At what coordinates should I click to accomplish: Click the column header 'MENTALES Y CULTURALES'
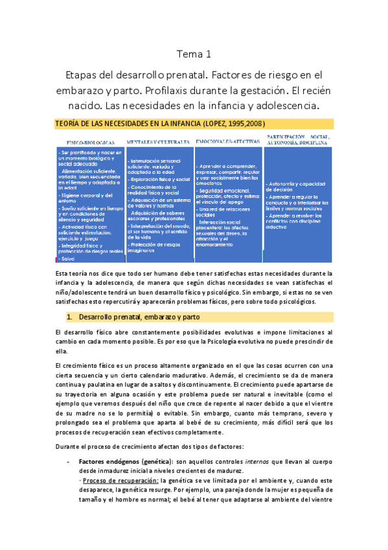(x=158, y=141)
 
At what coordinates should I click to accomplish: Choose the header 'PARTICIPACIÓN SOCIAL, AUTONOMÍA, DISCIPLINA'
(x=297, y=139)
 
